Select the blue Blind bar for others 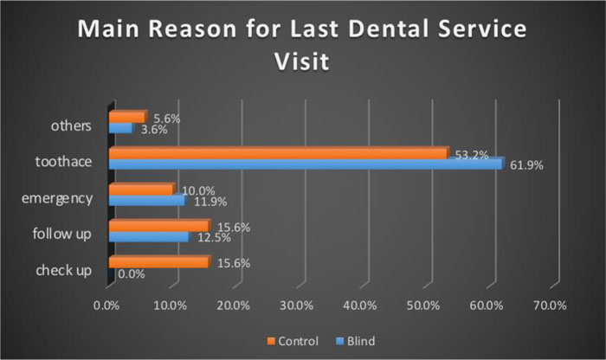(120, 128)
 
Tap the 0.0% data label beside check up (131, 273)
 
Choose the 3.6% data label (155, 130)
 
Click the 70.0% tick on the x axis (550, 305)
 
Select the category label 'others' (71, 125)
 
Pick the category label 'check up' (63, 270)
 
